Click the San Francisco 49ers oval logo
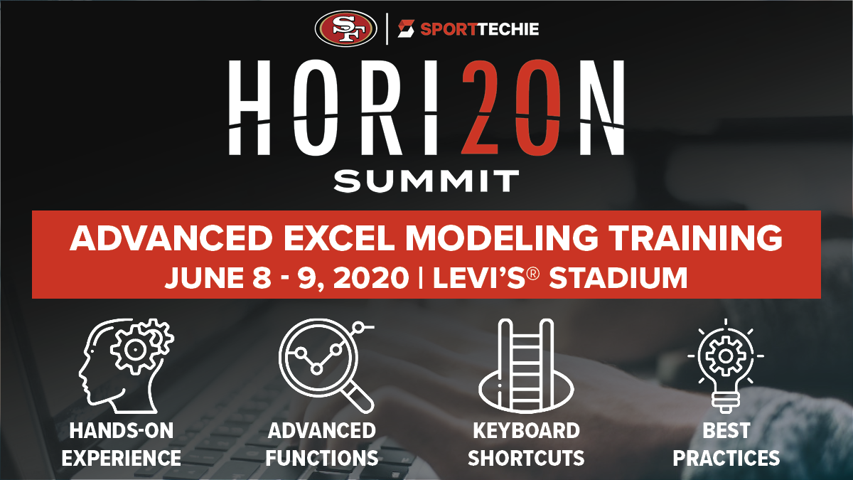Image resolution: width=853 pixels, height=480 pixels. point(345,29)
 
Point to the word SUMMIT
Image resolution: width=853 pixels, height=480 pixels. point(426,181)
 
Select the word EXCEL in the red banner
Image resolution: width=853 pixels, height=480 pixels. point(338,238)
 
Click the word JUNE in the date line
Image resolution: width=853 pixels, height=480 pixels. point(204,278)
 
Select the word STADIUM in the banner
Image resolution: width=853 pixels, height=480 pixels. point(618,278)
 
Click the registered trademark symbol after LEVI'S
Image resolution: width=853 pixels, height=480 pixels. point(534,274)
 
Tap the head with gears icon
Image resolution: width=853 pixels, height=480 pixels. point(126,366)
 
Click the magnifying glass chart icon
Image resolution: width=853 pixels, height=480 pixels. point(326,366)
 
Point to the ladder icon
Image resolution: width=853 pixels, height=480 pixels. point(526,366)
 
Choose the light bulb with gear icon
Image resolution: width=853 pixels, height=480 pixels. point(726,366)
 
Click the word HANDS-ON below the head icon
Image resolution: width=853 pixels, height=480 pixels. point(122,431)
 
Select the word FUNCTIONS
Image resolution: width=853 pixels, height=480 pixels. point(322,458)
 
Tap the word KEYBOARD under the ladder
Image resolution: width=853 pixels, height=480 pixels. point(526,431)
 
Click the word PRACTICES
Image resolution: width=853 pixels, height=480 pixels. point(726,458)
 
